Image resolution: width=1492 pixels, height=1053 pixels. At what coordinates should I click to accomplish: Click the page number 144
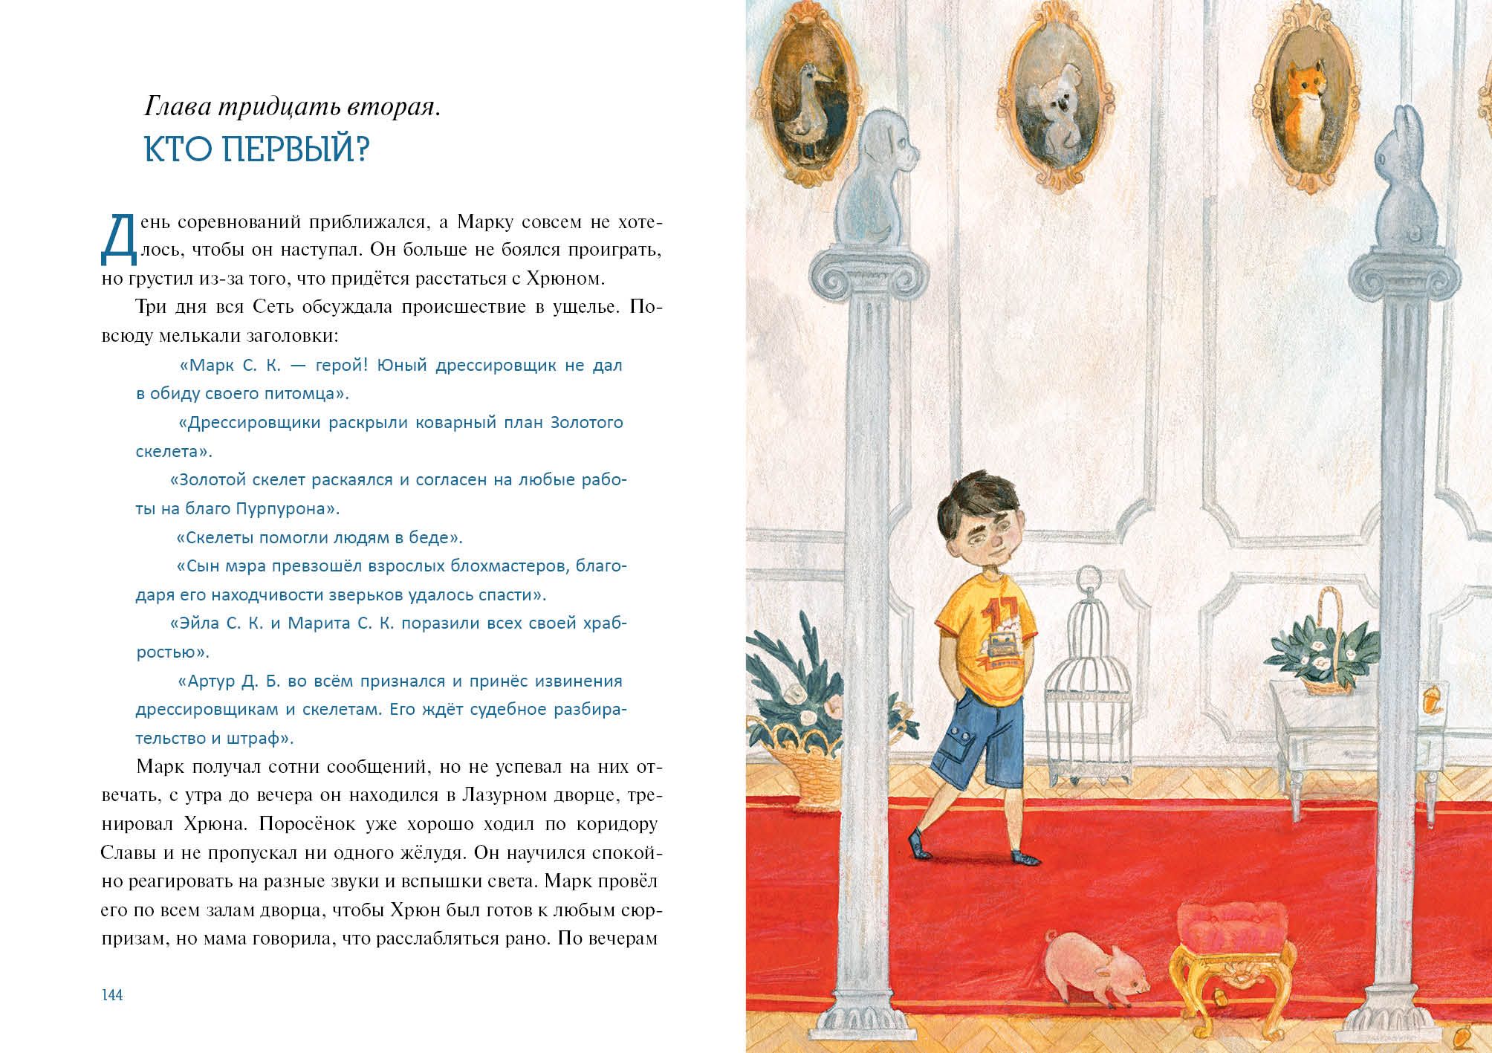112,995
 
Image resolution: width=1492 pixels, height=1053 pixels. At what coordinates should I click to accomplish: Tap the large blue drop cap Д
119,240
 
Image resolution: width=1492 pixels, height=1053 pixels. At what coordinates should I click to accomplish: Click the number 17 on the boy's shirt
994,618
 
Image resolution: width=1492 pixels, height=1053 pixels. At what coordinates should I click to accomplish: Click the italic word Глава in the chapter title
178,107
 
